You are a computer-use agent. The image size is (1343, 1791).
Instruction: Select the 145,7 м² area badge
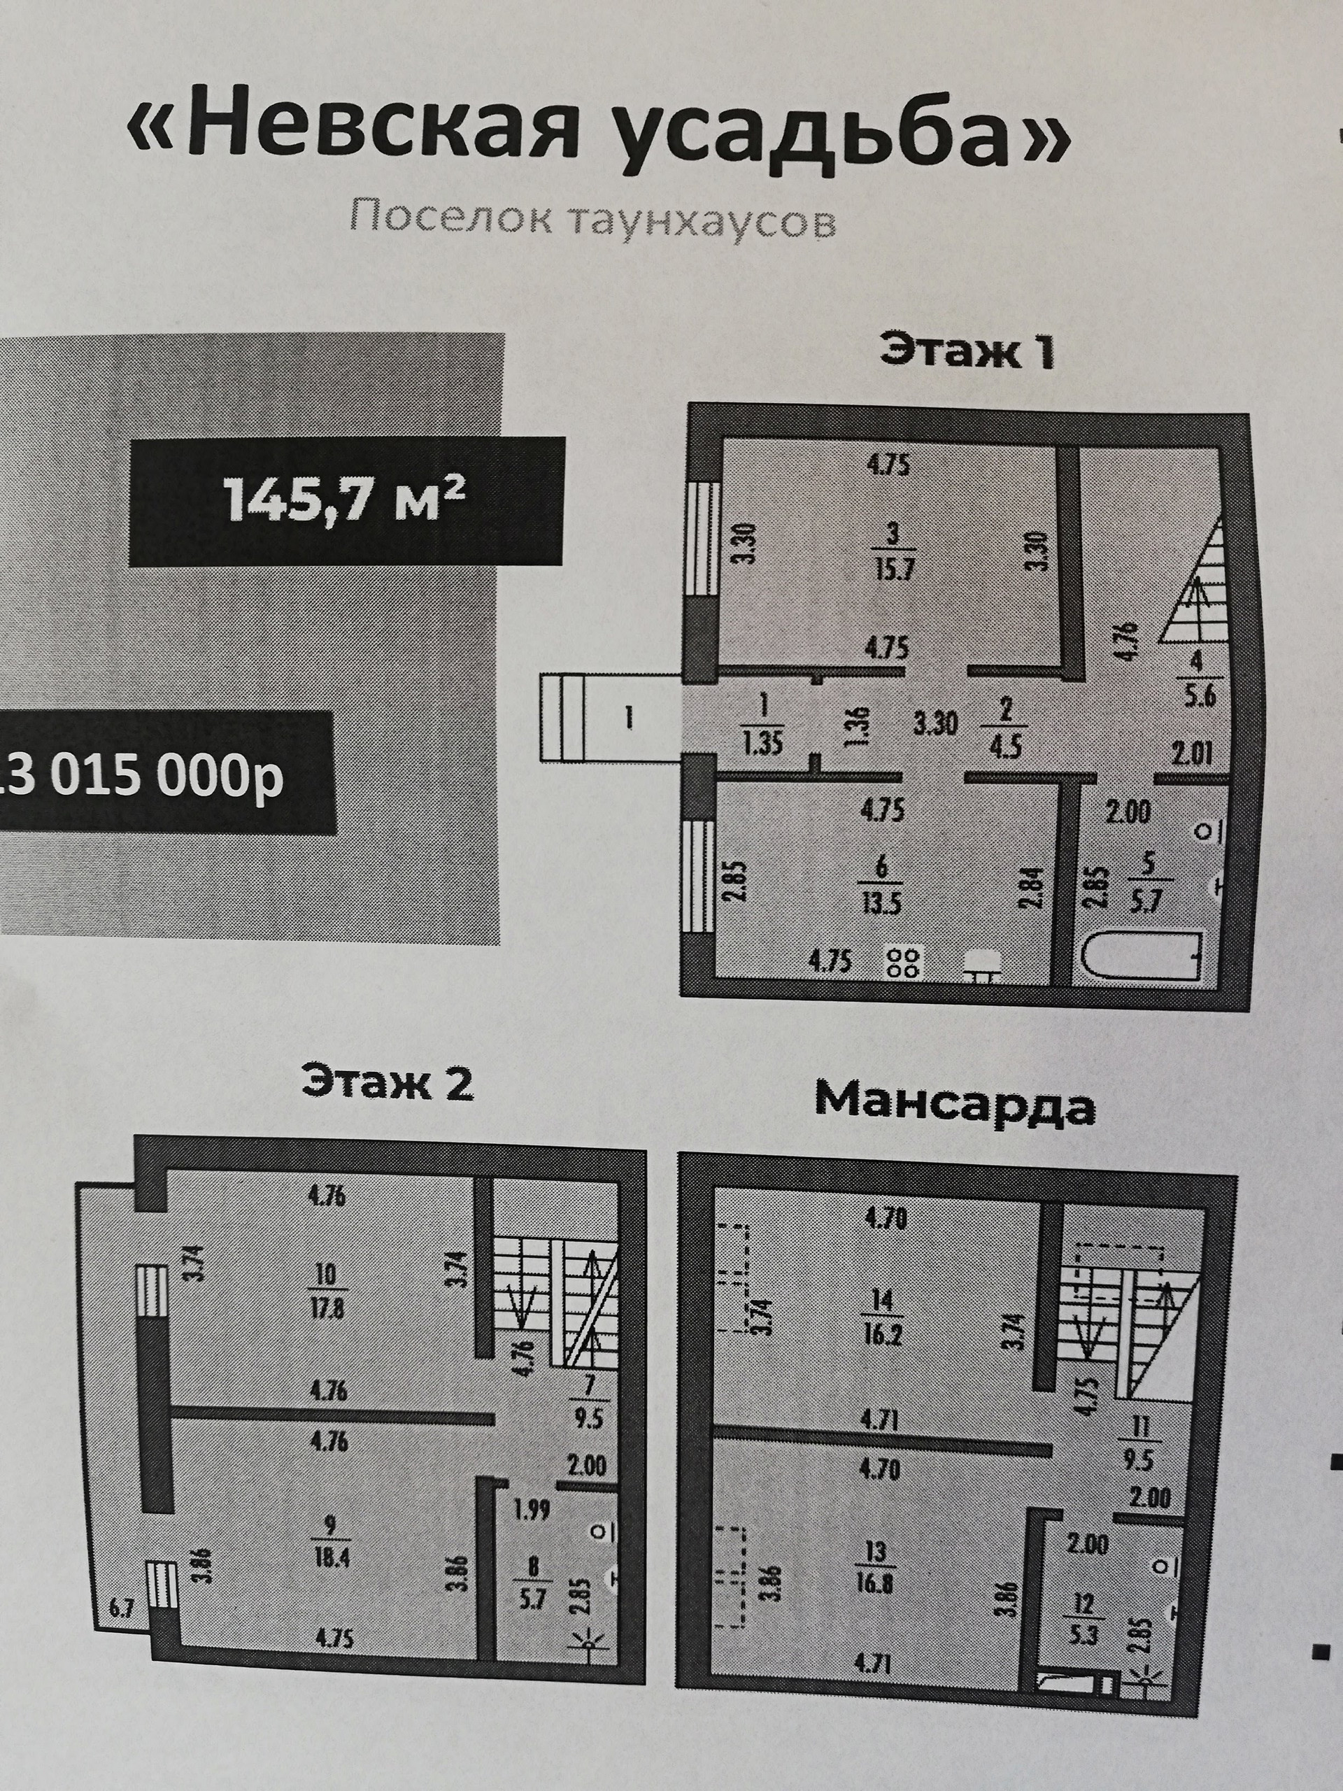coord(345,500)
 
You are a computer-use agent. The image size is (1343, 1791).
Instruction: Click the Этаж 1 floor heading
coord(967,351)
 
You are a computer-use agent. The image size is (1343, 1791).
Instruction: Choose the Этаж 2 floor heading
coord(387,1082)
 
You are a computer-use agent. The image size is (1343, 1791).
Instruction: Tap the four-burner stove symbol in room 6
coord(904,963)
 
